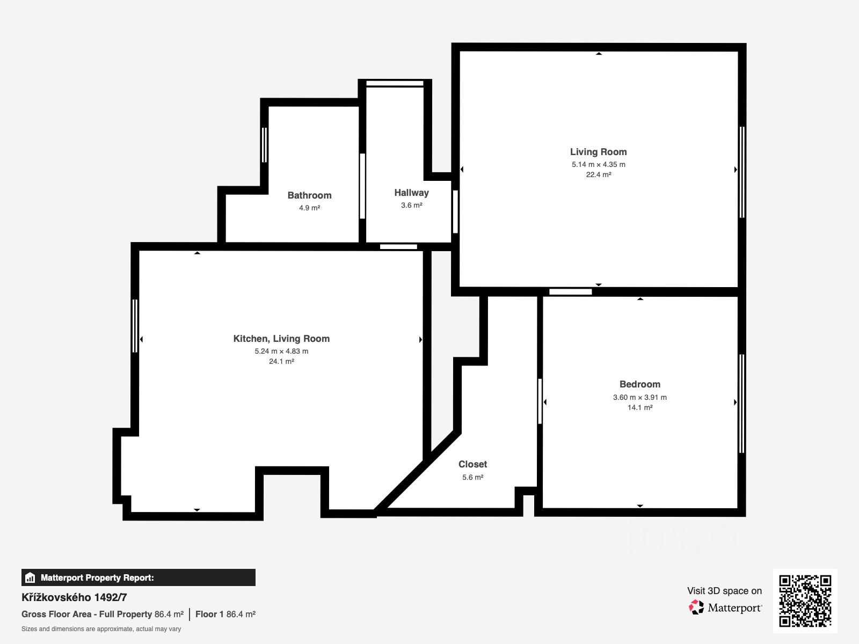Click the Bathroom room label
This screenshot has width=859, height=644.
pos(309,195)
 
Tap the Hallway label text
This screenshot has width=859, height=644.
pos(411,193)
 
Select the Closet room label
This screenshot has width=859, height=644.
pos(473,464)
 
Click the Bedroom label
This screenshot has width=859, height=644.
pos(640,384)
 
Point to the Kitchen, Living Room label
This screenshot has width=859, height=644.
pos(281,339)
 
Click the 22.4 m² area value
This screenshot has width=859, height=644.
pos(599,174)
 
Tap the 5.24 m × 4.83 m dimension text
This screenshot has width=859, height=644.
pos(281,351)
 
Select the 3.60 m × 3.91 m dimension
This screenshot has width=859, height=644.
pos(640,397)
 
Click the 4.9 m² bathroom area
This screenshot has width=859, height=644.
pos(310,208)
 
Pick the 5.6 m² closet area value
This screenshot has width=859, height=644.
pos(473,477)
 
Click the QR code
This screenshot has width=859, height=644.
pos(805,601)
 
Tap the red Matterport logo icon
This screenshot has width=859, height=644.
pos(696,608)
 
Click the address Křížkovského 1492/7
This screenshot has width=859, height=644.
pos(74,597)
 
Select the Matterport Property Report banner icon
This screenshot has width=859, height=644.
pos(30,577)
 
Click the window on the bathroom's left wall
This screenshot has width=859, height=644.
pos(265,145)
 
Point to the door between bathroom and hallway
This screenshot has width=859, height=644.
pos(362,186)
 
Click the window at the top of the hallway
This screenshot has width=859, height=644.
pos(395,83)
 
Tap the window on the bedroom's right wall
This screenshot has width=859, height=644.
pos(741,404)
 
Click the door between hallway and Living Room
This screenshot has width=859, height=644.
pos(455,211)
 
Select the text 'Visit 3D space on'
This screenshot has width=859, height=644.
pos(724,591)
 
